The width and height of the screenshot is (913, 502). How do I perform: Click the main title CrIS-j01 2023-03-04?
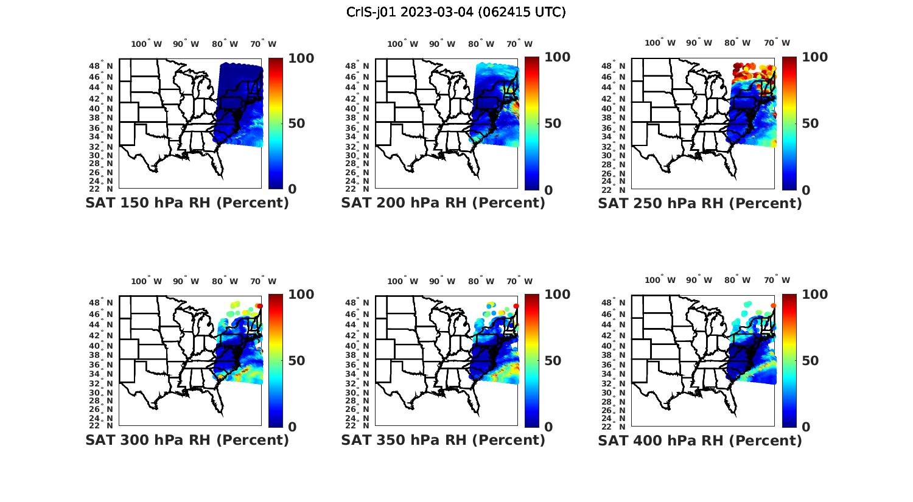coord(456,12)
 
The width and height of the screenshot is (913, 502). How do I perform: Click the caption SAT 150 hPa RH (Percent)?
coord(187,203)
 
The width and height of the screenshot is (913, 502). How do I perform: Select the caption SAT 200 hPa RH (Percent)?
coord(443,203)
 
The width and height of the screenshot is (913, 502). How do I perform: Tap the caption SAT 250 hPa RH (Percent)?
coord(700,203)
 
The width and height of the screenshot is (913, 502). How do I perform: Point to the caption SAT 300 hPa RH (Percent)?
coord(187,440)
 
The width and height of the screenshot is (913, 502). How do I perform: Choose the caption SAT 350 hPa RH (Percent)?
coord(443,440)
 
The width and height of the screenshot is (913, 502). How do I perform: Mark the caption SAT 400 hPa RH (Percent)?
coord(700,440)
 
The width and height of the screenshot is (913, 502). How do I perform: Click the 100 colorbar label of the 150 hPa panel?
coord(301,58)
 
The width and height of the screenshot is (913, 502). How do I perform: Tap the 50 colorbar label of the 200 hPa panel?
coord(553,124)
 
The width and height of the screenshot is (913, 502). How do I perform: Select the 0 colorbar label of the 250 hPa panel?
coord(806,190)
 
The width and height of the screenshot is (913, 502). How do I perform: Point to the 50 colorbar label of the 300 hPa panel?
coord(296,361)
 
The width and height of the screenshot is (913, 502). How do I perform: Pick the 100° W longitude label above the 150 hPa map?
coord(147,44)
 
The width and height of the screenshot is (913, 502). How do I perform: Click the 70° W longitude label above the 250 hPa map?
coord(777,43)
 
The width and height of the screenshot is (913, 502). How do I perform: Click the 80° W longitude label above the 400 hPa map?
coord(737,280)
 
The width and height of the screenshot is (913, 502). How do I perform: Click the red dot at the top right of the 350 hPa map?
coord(516,306)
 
